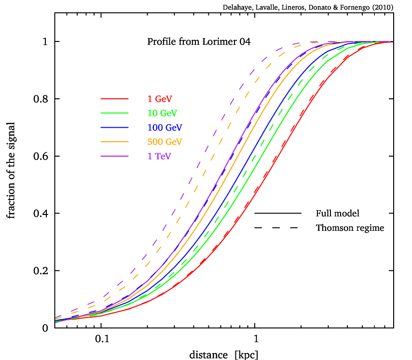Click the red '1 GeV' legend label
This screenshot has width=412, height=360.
coord(160,99)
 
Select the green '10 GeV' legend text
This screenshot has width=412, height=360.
coord(162,113)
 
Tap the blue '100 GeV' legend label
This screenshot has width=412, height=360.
coord(165,128)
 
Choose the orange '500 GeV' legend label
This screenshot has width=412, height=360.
coord(165,142)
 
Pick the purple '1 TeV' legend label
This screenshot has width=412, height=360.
coord(159,157)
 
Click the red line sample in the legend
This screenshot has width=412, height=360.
coord(114,99)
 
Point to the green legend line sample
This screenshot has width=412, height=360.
coord(114,113)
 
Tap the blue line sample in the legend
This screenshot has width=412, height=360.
coord(114,127)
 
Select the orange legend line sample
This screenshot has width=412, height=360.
coord(114,142)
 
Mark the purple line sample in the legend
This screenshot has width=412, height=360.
coord(114,156)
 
